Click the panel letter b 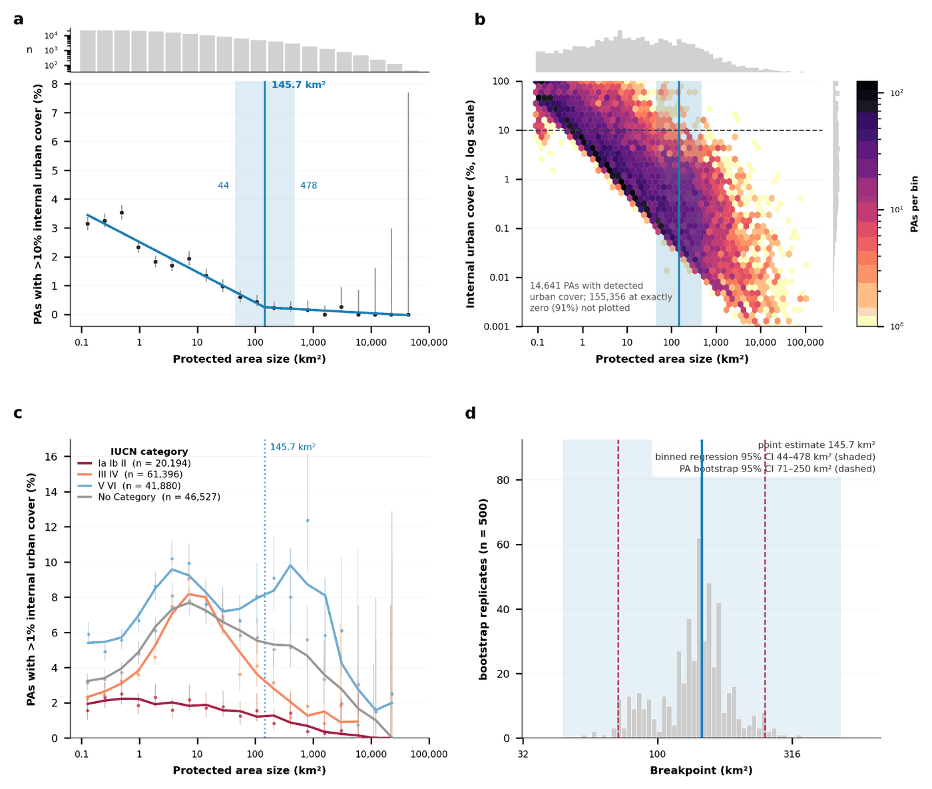(480, 19)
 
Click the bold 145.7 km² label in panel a (298, 85)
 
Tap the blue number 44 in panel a (223, 185)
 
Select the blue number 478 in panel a (309, 185)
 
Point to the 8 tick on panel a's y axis (55, 84)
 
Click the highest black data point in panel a (122, 213)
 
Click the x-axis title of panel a (250, 359)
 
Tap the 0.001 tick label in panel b (497, 326)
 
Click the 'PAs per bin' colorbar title (914, 204)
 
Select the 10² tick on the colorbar (896, 93)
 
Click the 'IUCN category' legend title (149, 451)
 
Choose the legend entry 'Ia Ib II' (113, 463)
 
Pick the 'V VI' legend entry (109, 485)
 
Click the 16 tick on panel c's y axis (51, 457)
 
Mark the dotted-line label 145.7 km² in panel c (293, 447)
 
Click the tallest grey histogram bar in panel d (699, 638)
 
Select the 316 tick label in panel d (792, 754)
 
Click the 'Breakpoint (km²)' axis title (701, 770)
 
